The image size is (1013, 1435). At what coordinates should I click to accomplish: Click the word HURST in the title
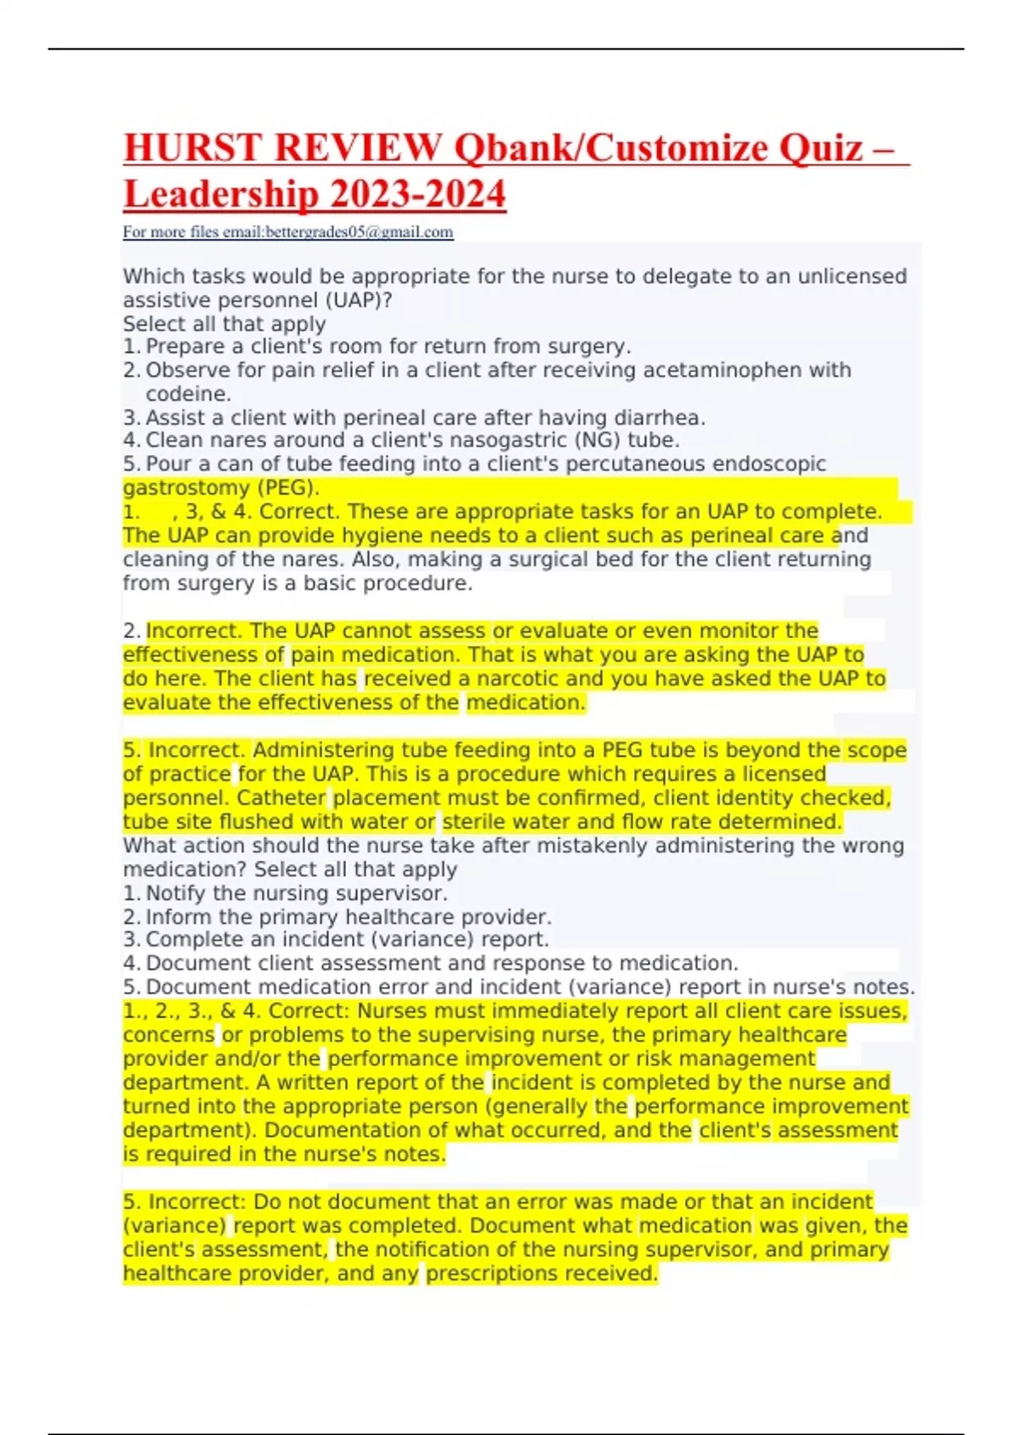click(192, 149)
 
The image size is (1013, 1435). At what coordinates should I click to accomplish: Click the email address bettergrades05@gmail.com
click(360, 232)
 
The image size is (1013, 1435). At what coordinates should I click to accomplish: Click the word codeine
click(187, 394)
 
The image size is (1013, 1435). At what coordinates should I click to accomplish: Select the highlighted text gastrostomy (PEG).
click(221, 488)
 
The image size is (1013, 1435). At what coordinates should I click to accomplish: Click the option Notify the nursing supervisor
click(296, 894)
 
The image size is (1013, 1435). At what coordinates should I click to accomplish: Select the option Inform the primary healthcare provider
click(348, 918)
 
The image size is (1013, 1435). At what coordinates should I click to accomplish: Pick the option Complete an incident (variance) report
click(347, 940)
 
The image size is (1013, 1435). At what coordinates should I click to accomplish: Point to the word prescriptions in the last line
click(540, 1274)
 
